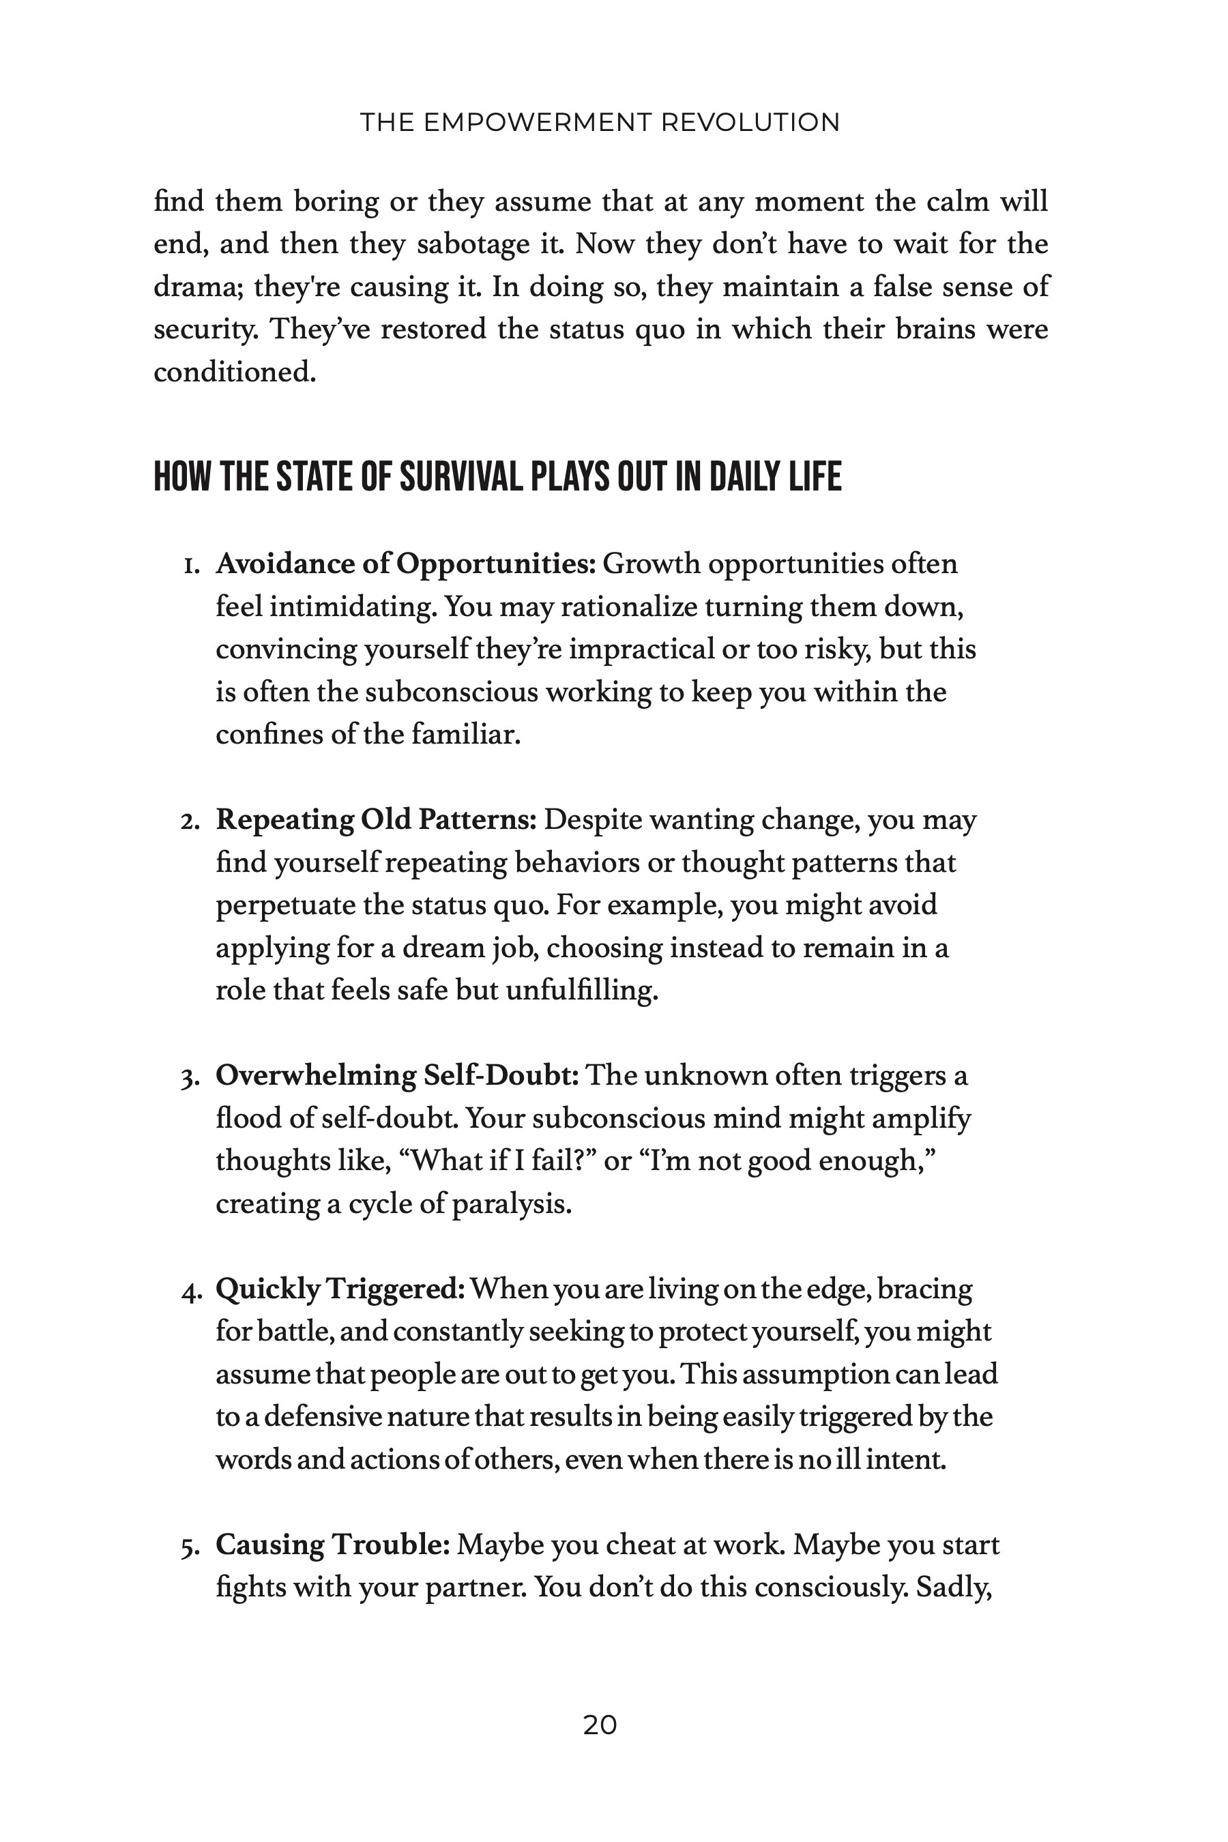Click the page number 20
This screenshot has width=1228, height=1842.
click(600, 1725)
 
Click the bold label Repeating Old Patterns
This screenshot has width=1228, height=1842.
click(376, 820)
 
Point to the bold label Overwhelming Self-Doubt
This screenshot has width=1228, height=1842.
click(397, 1075)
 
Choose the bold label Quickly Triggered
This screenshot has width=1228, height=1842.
click(340, 1289)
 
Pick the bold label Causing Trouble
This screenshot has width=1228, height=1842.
click(333, 1545)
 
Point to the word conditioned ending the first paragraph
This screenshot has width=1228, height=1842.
click(234, 371)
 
